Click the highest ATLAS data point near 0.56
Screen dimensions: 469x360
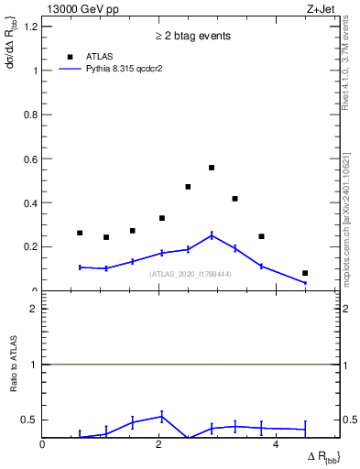[212, 168]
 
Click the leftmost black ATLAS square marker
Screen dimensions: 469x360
[80, 233]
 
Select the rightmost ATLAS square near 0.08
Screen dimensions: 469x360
[305, 273]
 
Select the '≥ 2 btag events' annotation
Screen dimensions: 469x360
[192, 36]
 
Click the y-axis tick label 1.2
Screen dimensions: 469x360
[32, 26]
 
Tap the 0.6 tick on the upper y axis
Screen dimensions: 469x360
[32, 158]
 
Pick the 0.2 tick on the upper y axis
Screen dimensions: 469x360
[32, 246]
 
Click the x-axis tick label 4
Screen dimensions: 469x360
[277, 444]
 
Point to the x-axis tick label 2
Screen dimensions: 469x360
[159, 444]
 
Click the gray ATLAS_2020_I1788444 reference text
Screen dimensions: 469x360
[191, 274]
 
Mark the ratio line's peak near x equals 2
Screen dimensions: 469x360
[161, 417]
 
